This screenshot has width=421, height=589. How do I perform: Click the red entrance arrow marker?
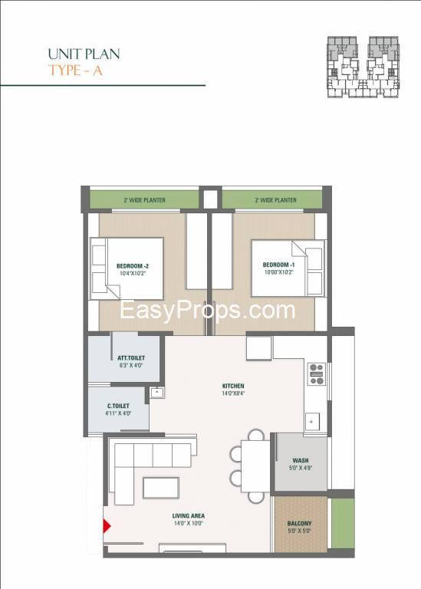(107, 526)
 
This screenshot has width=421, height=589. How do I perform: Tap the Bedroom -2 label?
(133, 266)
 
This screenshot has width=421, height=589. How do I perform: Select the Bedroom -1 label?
(278, 265)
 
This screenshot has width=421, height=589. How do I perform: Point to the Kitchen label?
(233, 386)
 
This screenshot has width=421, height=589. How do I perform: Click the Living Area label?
(188, 516)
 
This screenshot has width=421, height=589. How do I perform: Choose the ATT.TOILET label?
(130, 358)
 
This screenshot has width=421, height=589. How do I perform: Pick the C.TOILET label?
(118, 406)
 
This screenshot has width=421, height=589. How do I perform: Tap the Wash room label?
(301, 460)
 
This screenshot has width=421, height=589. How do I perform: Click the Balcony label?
(299, 524)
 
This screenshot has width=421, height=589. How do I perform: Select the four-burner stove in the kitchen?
(316, 374)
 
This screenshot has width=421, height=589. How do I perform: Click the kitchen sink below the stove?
(312, 422)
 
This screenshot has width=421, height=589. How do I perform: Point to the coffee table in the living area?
(161, 488)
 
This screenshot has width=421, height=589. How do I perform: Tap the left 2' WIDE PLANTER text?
(145, 200)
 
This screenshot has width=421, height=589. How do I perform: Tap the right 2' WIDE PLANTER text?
(275, 200)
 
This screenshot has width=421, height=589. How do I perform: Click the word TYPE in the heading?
(64, 71)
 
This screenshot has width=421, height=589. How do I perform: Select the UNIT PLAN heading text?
(84, 54)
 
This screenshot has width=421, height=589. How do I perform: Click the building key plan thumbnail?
(363, 67)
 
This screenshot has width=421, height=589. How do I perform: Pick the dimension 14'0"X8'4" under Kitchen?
(233, 393)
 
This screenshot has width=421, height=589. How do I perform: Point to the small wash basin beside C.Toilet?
(157, 393)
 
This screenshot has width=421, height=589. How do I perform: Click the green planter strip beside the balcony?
(343, 523)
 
